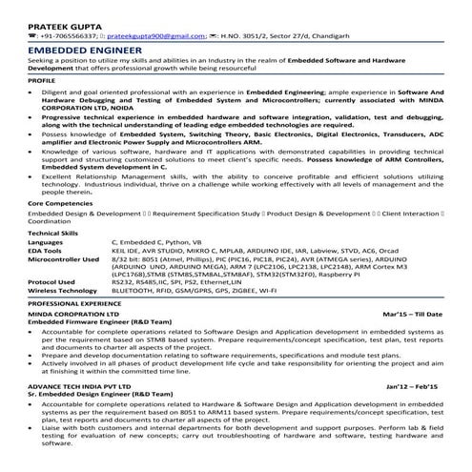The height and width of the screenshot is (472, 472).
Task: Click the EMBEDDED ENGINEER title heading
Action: (x=79, y=47)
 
